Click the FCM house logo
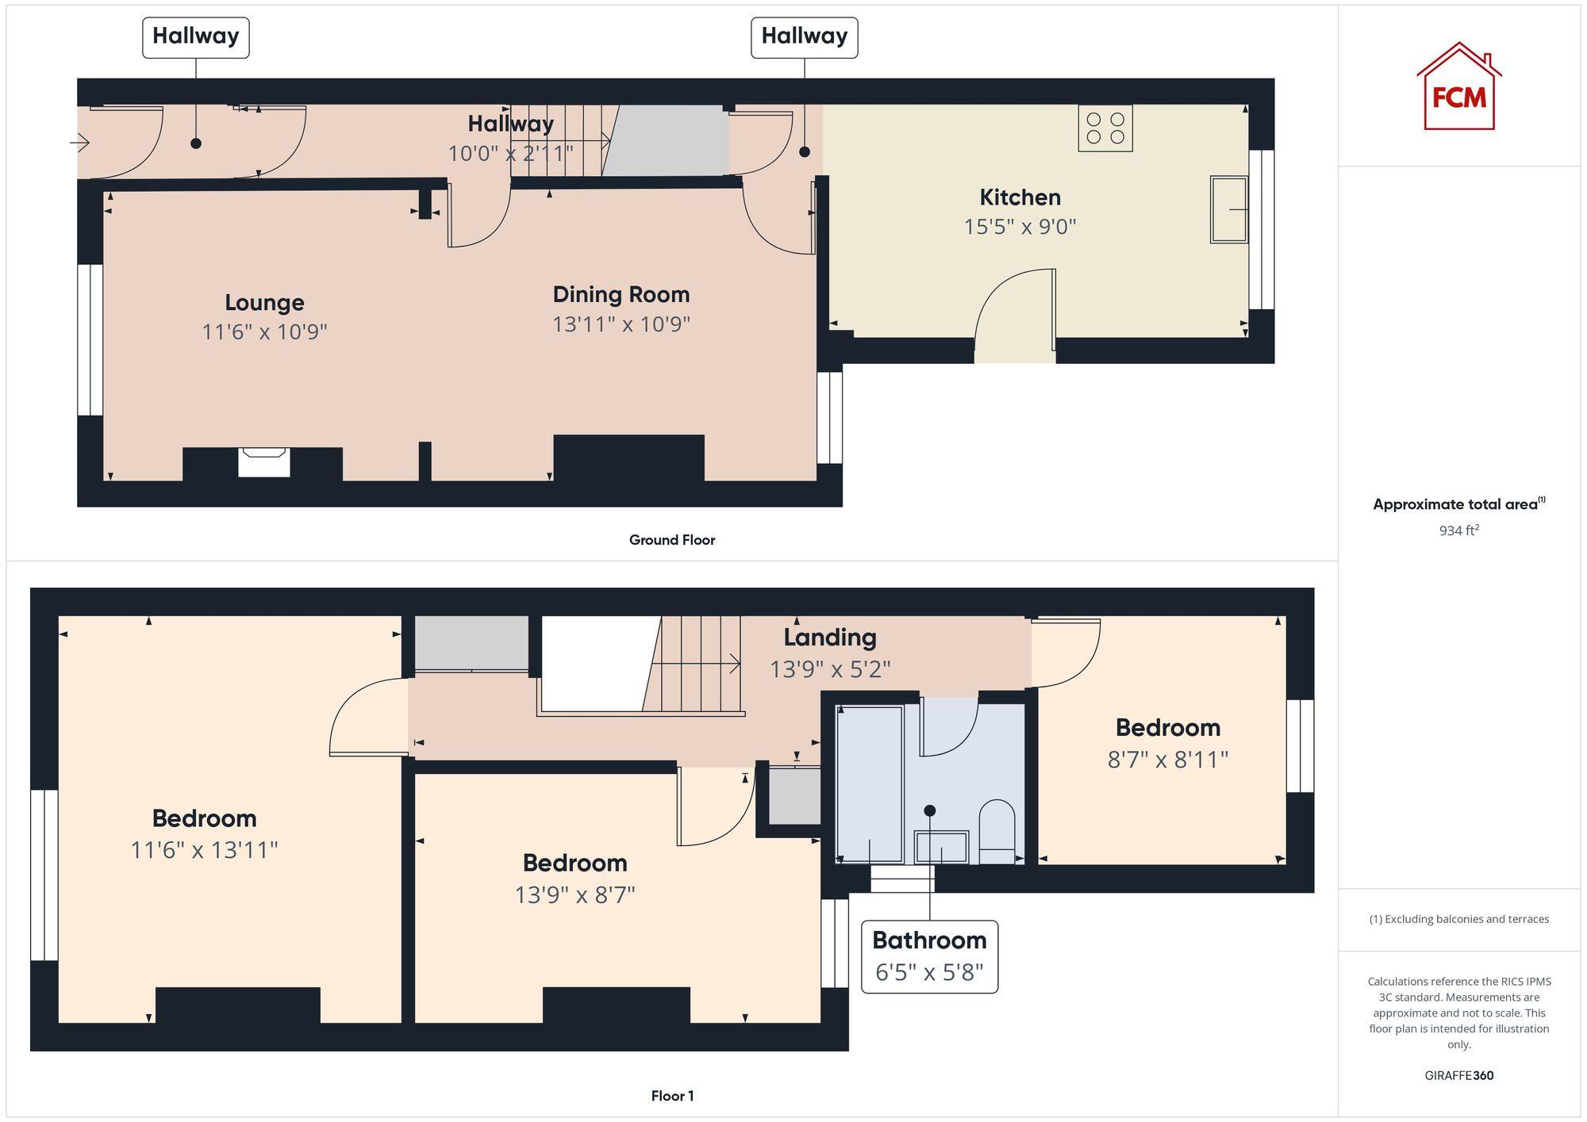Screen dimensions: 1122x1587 coord(1458,87)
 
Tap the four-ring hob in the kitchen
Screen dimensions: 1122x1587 coord(1105,128)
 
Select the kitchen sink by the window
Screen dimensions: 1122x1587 coord(1228,209)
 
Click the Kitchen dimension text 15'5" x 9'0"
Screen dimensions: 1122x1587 coord(1020,227)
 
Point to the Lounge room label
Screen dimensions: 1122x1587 coord(264,302)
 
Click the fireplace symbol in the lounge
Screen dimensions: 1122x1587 coord(263,461)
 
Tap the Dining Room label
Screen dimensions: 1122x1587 coord(621,294)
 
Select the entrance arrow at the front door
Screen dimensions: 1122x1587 coord(79,143)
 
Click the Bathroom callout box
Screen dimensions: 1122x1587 coord(929,956)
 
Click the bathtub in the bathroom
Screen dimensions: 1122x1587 coord(870,783)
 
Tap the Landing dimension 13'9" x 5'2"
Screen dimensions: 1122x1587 coord(830,669)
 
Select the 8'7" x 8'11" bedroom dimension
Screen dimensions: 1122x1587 coord(1167,760)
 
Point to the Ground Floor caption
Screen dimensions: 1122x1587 coord(672,540)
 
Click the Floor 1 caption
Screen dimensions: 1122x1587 coord(672,1096)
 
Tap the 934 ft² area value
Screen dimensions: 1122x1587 coord(1458,530)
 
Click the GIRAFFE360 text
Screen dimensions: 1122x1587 coord(1458,1075)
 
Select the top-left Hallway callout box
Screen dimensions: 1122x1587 coord(195,36)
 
